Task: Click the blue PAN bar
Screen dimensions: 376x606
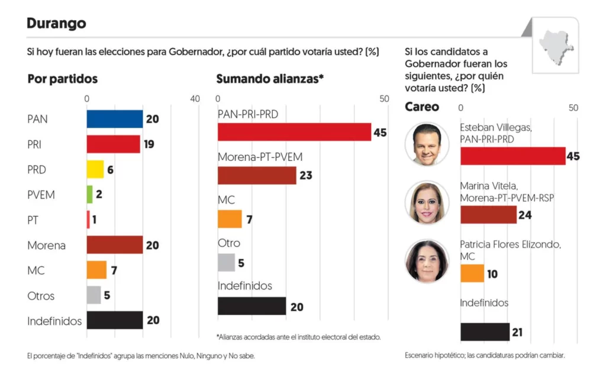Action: (115, 119)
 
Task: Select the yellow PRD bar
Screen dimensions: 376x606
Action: (95, 170)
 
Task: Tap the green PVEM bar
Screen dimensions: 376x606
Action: (89, 195)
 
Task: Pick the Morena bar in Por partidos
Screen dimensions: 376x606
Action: (115, 245)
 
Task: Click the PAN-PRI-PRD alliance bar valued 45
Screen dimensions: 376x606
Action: (294, 132)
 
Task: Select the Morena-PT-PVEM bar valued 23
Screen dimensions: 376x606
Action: (257, 176)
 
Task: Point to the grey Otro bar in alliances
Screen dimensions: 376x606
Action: (226, 262)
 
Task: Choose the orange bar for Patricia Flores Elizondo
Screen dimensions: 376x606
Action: (472, 273)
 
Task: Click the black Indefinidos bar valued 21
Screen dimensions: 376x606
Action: (485, 332)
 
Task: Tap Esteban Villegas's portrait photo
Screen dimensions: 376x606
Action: (427, 144)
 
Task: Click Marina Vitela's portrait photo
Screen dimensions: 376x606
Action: (427, 202)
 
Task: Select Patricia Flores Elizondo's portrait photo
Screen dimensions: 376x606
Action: (427, 261)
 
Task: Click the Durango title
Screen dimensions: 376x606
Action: (56, 23)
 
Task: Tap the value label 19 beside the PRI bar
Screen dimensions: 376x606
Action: (149, 144)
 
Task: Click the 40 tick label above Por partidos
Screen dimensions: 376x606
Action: (195, 99)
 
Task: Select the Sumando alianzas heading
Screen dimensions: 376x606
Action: (270, 79)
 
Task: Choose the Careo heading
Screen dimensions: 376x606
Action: (422, 107)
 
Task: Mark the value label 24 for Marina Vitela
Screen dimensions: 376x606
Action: (525, 215)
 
